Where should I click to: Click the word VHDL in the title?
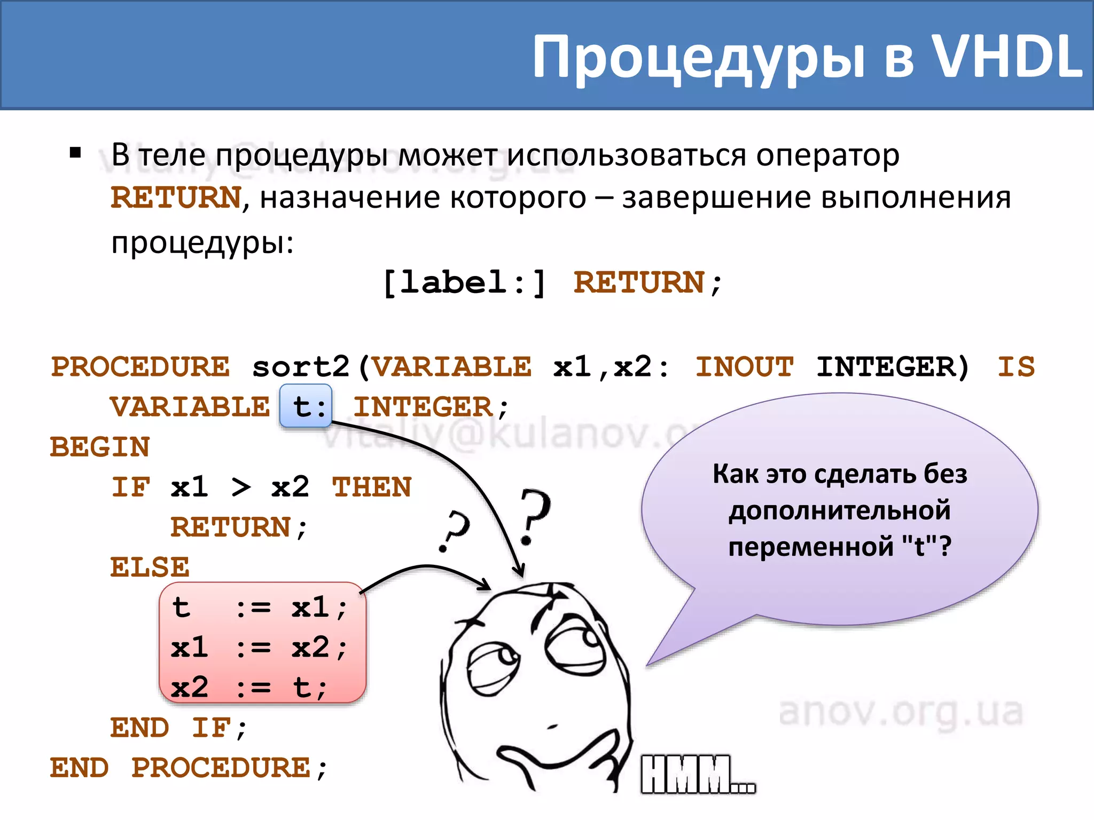(x=1006, y=57)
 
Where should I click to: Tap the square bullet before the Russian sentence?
(x=75, y=154)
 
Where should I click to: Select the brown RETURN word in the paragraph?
(x=176, y=198)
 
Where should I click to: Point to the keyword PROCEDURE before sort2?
(x=140, y=367)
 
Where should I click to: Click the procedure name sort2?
(x=301, y=367)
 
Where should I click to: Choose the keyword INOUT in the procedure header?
(x=744, y=367)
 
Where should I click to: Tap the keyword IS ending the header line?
(x=1015, y=367)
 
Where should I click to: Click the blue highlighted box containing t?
(x=306, y=406)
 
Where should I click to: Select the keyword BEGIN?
(x=100, y=447)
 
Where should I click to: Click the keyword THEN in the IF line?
(x=372, y=487)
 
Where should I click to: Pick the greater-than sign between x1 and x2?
(x=240, y=487)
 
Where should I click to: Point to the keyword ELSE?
(x=150, y=567)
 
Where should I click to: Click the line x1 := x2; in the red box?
(x=259, y=648)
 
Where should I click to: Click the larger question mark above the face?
(x=534, y=515)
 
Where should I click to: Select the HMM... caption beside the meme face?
(x=698, y=774)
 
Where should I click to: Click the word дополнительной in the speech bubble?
(x=840, y=510)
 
